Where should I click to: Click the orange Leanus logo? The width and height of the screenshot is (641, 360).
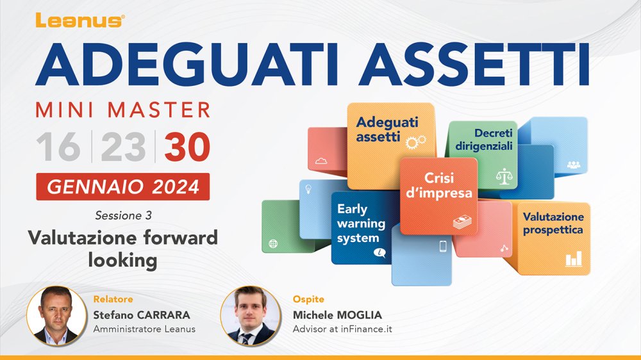[80, 20]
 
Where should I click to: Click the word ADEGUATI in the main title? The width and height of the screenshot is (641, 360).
[187, 65]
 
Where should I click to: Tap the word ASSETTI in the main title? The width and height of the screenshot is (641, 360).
[474, 65]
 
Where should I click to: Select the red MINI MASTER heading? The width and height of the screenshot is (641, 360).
[123, 110]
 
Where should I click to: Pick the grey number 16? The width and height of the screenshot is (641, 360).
[58, 147]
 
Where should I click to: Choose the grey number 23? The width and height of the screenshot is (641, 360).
[123, 147]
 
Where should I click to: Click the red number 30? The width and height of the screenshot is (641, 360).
[187, 147]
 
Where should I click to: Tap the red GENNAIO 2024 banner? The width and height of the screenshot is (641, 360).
[123, 187]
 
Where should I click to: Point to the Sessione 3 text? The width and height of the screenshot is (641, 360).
[124, 215]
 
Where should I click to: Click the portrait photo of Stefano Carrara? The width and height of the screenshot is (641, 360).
[56, 316]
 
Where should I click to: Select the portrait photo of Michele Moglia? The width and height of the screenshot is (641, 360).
[251, 316]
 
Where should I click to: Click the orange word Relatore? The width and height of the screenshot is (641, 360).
[113, 299]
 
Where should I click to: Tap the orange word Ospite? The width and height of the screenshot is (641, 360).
[309, 299]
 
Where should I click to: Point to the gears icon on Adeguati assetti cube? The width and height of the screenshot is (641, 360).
[416, 142]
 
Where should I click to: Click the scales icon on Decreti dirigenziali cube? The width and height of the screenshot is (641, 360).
[504, 176]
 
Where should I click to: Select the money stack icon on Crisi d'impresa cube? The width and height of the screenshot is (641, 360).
[462, 222]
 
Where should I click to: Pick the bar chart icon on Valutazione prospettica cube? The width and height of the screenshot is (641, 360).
[574, 259]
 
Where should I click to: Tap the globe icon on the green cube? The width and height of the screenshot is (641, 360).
[273, 244]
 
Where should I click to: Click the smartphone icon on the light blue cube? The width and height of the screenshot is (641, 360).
[443, 247]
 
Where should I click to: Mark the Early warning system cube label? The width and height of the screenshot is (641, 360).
[361, 224]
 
